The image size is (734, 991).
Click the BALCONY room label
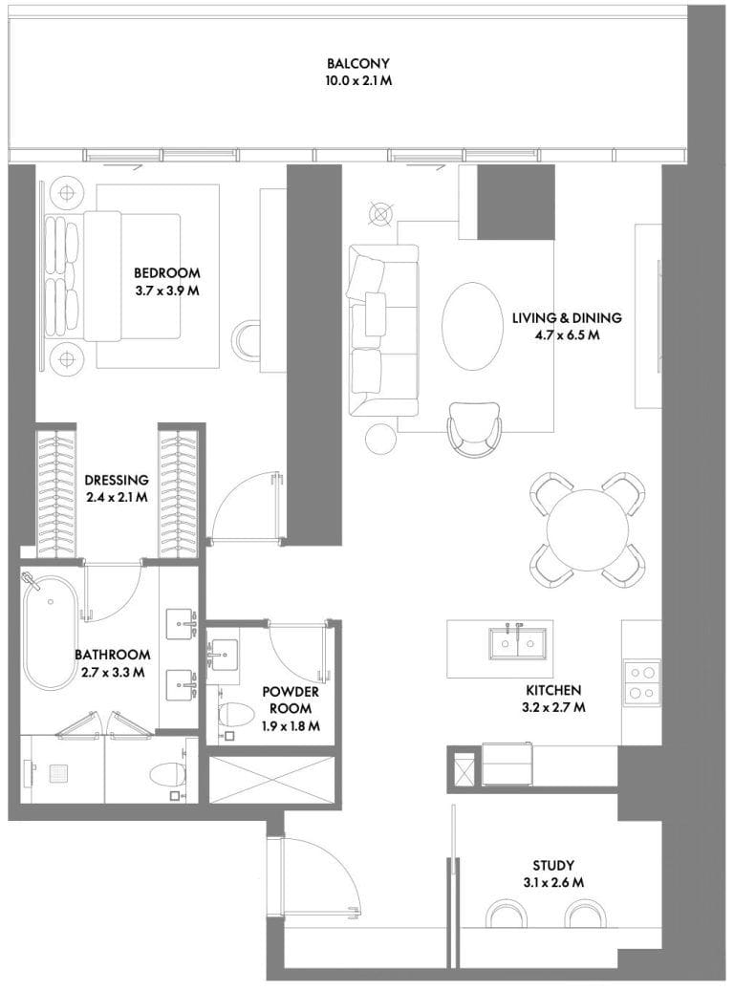point(357,63)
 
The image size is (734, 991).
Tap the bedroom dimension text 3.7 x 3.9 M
point(167,291)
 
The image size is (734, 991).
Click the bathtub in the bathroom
point(52,632)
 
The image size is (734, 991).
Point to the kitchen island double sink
point(517,643)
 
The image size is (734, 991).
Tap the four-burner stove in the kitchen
point(642,683)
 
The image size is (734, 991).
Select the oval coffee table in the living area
point(470,326)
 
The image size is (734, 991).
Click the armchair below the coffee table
point(474,429)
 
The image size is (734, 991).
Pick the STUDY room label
point(553,865)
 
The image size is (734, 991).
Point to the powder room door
point(298,651)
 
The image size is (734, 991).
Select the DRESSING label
point(117,480)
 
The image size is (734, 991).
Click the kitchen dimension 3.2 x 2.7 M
point(553,707)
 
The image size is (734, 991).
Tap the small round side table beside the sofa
point(380,438)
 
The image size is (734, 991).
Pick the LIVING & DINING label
point(567,317)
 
